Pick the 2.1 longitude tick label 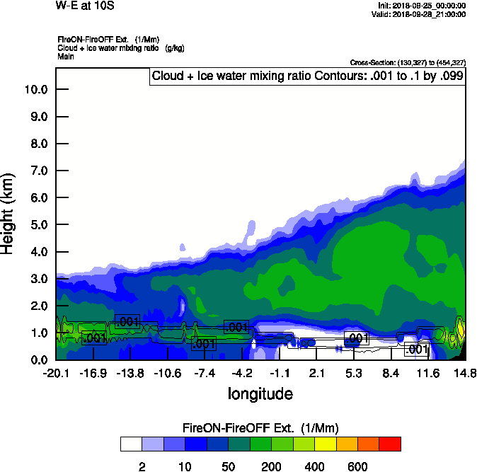(x=316, y=373)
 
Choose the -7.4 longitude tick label (x=205, y=373)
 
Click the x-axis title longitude (x=260, y=393)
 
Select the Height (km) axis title (x=9, y=212)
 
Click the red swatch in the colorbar (x=390, y=444)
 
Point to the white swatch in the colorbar (x=131, y=444)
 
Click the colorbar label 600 (x=357, y=466)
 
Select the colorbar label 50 (x=228, y=466)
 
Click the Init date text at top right (x=423, y=6)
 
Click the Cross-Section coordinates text (x=408, y=63)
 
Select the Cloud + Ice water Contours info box (x=307, y=76)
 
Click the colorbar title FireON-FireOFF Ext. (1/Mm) (x=260, y=428)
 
